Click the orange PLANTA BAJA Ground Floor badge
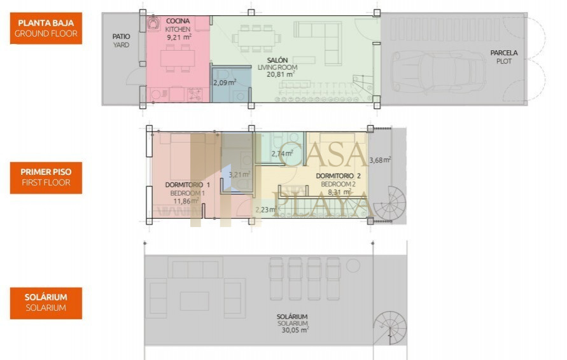46,28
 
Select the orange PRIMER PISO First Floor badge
46,177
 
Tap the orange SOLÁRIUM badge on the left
46,303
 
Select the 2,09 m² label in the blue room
225,83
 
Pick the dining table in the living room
256,38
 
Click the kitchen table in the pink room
178,58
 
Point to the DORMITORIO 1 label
187,184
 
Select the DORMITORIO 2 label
339,176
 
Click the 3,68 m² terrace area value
380,160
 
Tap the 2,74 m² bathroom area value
283,153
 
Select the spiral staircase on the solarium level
390,328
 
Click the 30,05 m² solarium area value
295,329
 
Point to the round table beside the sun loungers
353,266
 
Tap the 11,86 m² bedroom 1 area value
186,200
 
